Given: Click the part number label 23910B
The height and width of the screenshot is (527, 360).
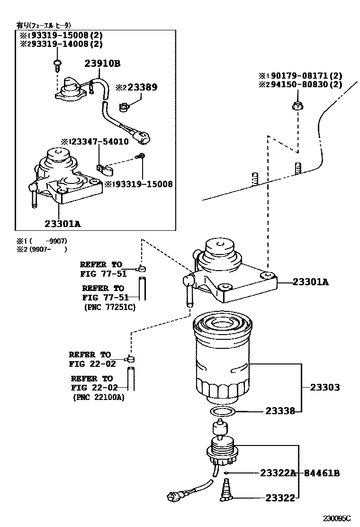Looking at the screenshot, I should pyautogui.click(x=103, y=64).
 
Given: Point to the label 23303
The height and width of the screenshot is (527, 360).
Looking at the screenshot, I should pyautogui.click(x=325, y=387).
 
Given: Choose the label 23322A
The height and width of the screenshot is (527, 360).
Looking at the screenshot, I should pyautogui.click(x=278, y=473).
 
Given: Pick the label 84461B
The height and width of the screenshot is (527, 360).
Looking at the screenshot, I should pyautogui.click(x=322, y=473).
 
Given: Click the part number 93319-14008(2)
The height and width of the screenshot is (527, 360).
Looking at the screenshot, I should pyautogui.click(x=63, y=44).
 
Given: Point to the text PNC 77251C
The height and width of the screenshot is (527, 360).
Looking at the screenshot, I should pyautogui.click(x=108, y=307).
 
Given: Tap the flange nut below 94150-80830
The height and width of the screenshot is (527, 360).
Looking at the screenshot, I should pyautogui.click(x=297, y=106).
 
